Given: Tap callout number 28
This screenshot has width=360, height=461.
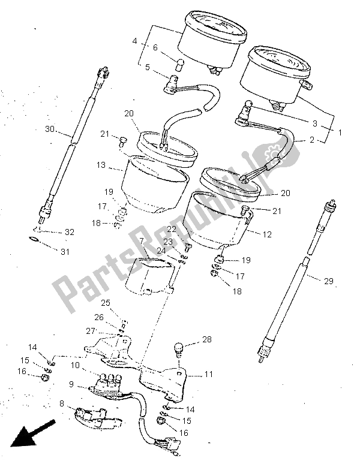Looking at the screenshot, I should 206,340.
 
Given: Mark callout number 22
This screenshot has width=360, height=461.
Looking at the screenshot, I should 172,229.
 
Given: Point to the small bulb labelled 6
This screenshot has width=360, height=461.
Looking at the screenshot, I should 180,64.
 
